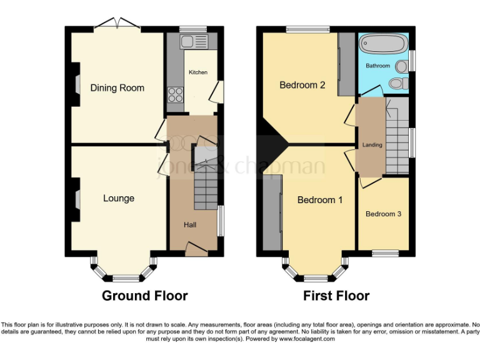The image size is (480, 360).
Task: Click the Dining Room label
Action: pyautogui.click(x=117, y=88)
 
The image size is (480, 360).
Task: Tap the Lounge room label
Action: pyautogui.click(x=119, y=198)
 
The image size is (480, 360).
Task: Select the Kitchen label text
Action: pyautogui.click(x=198, y=72)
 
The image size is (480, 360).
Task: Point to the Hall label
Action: pyautogui.click(x=190, y=224)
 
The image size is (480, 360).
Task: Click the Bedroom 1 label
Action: pyautogui.click(x=319, y=200)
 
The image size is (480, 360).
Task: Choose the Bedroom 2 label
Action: pyautogui.click(x=302, y=85)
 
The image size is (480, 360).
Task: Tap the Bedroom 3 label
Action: pyautogui.click(x=383, y=214)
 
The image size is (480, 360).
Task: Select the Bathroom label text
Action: pyautogui.click(x=377, y=66)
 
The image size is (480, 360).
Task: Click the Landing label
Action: pyautogui.click(x=372, y=145)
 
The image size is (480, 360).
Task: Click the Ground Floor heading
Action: pyautogui.click(x=144, y=296)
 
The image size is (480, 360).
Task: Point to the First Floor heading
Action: pyautogui.click(x=336, y=296)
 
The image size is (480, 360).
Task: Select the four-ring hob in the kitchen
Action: pyautogui.click(x=175, y=96)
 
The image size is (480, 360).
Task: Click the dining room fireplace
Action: pyautogui.click(x=76, y=84)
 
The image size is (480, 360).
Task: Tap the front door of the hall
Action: pyautogui.click(x=196, y=251)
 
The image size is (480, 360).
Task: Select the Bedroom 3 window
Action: pyautogui.click(x=386, y=253)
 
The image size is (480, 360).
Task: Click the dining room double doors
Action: pyautogui.click(x=116, y=24)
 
